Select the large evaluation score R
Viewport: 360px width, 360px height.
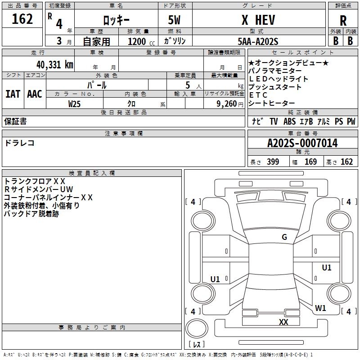tap(343, 21)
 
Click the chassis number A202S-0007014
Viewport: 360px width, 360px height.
tap(302, 144)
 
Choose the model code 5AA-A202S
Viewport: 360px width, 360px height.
tap(258, 41)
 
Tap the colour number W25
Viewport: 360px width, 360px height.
tap(75, 103)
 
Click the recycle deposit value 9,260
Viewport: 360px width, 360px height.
tap(226, 103)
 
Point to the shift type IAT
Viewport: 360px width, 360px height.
tap(13, 94)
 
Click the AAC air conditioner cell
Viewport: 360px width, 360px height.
tap(34, 94)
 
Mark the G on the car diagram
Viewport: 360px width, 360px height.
tap(284, 237)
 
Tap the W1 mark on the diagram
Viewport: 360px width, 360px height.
tap(320, 308)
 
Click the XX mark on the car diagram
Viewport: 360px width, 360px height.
tap(283, 322)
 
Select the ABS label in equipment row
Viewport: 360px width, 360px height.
tap(289, 121)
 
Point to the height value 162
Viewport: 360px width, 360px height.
tap(346, 162)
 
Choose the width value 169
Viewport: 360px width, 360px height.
tap(310, 162)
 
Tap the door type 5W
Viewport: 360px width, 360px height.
tap(175, 21)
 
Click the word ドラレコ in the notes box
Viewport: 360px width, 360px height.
tap(19, 143)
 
